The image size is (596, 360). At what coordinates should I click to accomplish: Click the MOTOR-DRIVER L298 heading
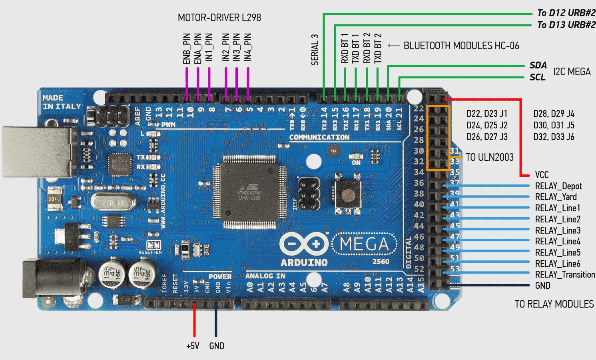point(219,18)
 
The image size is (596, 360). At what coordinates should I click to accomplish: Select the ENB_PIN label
point(186,48)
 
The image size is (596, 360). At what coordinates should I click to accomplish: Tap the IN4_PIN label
point(248,47)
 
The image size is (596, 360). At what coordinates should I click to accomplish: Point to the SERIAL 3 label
point(315,50)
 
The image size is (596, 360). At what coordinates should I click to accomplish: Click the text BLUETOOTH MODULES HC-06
point(461,46)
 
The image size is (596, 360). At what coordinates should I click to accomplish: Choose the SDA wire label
point(538,65)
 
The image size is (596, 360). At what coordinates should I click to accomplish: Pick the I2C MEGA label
point(572,72)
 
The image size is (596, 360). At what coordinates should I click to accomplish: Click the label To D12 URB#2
point(566,13)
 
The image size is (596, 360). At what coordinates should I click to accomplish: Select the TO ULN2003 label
point(489,157)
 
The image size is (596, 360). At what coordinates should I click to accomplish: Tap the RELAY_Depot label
point(558,186)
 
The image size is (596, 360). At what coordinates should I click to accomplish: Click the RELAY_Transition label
point(565,274)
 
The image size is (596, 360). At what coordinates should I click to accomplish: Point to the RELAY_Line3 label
point(558,230)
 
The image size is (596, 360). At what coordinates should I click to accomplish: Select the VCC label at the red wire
point(542,175)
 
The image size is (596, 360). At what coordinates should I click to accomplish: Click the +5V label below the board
point(193,346)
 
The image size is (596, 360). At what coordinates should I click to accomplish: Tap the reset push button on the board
point(348,195)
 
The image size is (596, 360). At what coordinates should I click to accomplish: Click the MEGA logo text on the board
point(364,244)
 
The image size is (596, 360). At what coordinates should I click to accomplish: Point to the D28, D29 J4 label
point(554,114)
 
